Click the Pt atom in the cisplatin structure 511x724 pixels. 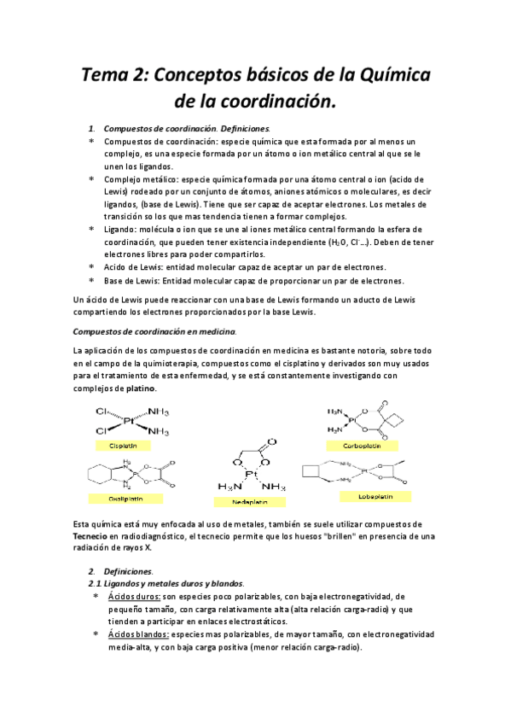click(129, 421)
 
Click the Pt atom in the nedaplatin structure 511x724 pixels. click(252, 474)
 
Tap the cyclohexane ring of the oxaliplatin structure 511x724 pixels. click(99, 474)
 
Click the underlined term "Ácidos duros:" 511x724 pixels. click(136, 596)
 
